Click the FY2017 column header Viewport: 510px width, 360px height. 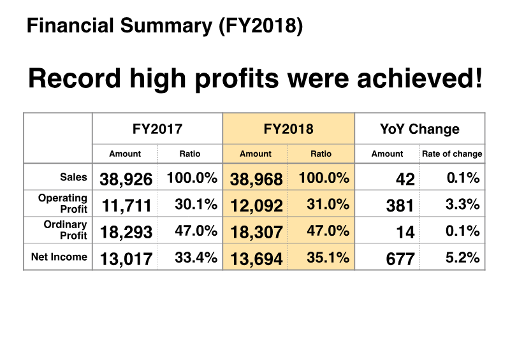pyautogui.click(x=157, y=129)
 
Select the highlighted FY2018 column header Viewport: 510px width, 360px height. pyautogui.click(x=288, y=129)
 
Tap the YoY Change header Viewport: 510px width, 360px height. pyautogui.click(x=419, y=129)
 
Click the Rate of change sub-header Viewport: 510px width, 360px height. pyautogui.click(x=452, y=154)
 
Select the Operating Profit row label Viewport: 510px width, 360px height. pyautogui.click(x=62, y=204)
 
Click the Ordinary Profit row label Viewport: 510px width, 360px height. pyautogui.click(x=65, y=230)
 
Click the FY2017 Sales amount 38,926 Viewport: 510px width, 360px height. pyautogui.click(x=126, y=179)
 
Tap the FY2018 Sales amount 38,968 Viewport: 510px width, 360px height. pyautogui.click(x=256, y=179)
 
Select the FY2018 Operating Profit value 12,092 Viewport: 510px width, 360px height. pyautogui.click(x=256, y=205)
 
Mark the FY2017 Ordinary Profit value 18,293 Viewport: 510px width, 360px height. pyautogui.click(x=126, y=232)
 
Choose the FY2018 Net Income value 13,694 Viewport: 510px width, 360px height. pyautogui.click(x=256, y=258)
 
